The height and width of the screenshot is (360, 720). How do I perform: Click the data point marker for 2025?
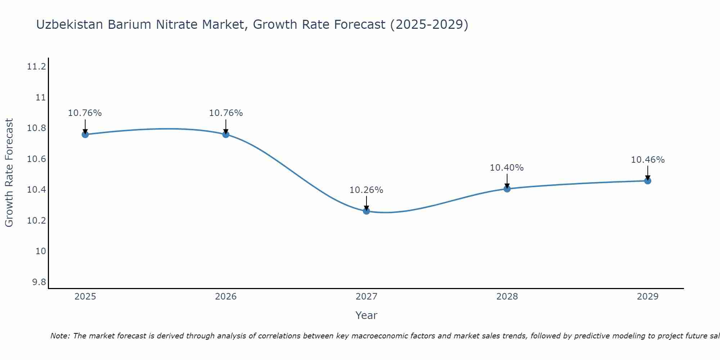coord(85,134)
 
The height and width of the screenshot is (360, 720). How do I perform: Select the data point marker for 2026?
coord(226,134)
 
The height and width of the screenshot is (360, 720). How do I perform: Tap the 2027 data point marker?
coord(366,211)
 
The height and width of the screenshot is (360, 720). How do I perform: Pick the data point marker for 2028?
coord(507,189)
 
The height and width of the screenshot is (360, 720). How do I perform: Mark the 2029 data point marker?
coord(648,181)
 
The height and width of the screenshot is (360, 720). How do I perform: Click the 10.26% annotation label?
coord(366,190)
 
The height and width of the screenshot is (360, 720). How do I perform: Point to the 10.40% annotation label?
coord(507,168)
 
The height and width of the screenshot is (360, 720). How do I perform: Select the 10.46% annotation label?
coord(648,160)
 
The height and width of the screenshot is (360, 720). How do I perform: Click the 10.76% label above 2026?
coord(226,113)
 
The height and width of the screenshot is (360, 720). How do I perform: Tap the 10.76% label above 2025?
coord(85,113)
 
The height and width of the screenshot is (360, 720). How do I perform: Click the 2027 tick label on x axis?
coord(366,297)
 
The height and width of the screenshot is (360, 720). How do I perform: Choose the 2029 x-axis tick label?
coord(648,297)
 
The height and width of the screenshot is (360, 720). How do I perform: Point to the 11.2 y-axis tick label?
coord(36,67)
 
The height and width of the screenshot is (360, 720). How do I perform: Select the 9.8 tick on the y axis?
coord(39,282)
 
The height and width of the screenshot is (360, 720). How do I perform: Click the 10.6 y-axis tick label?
coord(36,159)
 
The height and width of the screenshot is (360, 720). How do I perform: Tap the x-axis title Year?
coord(366,315)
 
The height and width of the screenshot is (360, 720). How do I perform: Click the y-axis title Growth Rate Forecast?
coord(9,173)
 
